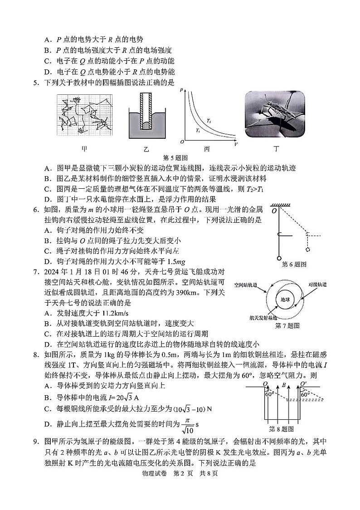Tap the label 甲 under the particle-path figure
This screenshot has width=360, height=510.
(x=84, y=148)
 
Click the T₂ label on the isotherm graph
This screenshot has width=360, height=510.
(x=209, y=121)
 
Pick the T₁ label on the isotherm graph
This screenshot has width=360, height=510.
(x=198, y=130)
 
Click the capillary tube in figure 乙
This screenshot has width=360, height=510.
(x=146, y=112)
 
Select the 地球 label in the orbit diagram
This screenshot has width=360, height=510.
(x=285, y=299)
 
